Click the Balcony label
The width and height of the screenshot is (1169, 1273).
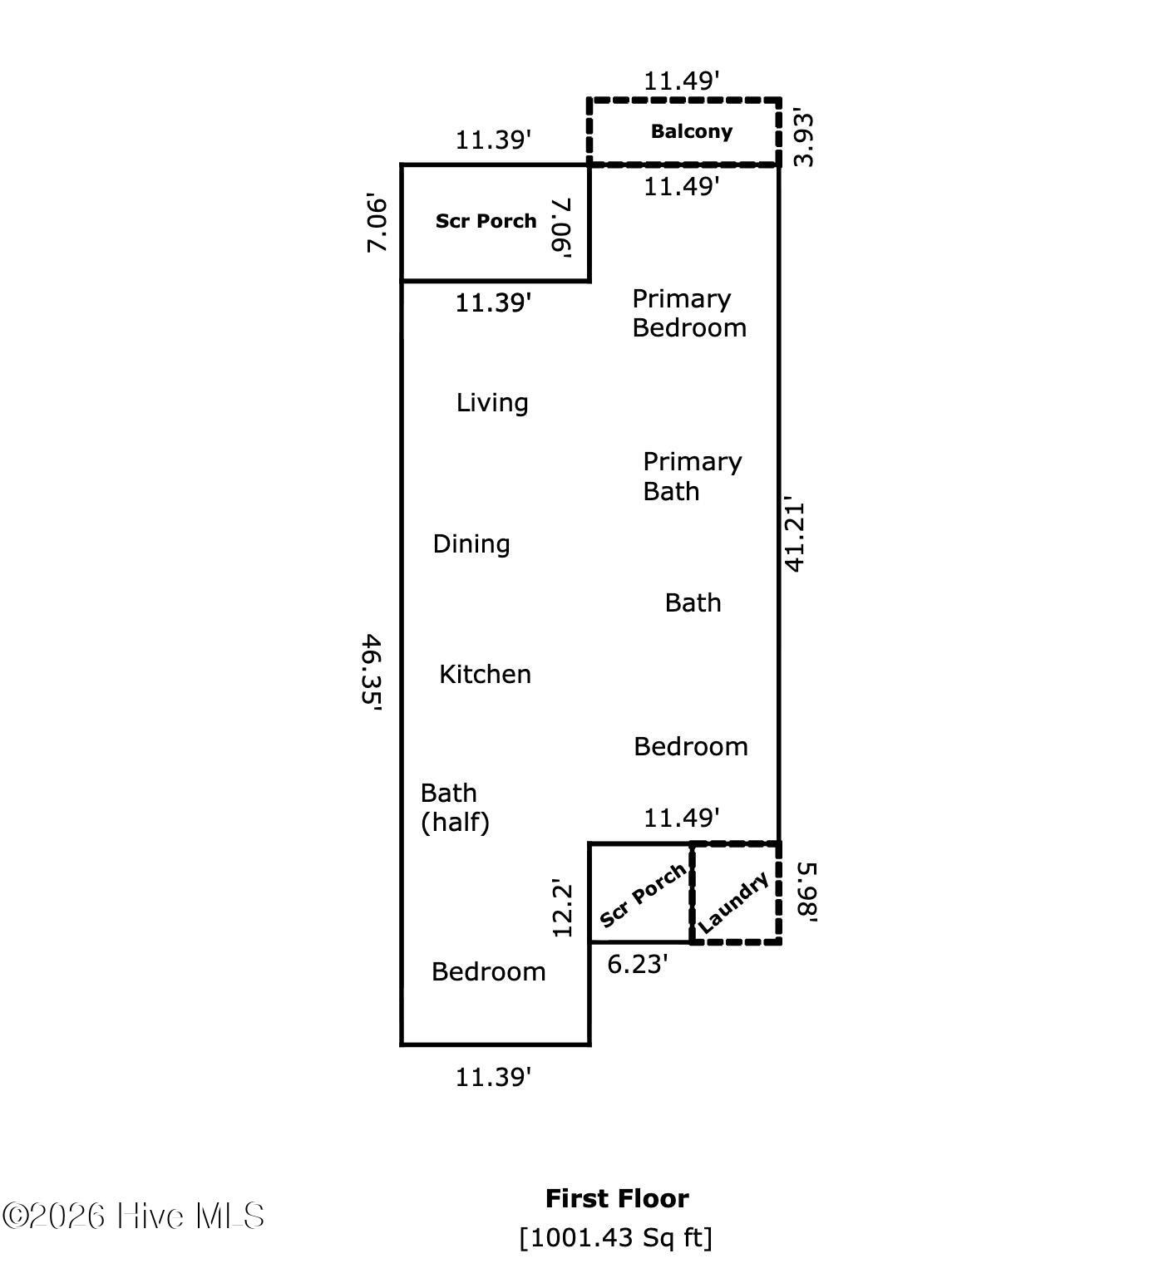(x=691, y=131)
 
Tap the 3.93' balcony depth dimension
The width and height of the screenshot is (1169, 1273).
(x=803, y=137)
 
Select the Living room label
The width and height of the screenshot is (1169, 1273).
(x=492, y=403)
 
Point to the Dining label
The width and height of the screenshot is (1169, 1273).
(x=471, y=544)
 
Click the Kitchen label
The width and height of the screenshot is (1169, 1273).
(x=485, y=674)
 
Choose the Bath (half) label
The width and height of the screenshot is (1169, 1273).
(x=455, y=807)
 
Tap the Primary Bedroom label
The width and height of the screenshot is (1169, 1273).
(x=688, y=313)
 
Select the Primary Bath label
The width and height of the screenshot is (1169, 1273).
(x=692, y=476)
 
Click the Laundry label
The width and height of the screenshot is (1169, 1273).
(x=733, y=902)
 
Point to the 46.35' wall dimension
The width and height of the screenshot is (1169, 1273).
(x=371, y=669)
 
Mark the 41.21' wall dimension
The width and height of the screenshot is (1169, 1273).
(x=795, y=536)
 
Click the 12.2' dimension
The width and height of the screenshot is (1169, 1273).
(x=564, y=909)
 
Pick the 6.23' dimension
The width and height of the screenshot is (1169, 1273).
(x=638, y=964)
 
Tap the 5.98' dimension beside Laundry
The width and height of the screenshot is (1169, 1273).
(x=807, y=892)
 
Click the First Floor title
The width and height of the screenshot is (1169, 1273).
(x=617, y=1198)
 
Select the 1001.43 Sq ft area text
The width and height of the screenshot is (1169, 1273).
(x=616, y=1237)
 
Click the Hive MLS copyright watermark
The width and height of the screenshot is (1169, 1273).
(x=133, y=1216)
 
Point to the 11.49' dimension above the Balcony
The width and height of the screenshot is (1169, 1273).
(x=682, y=81)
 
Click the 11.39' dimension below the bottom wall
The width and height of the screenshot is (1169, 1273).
(x=493, y=1078)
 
